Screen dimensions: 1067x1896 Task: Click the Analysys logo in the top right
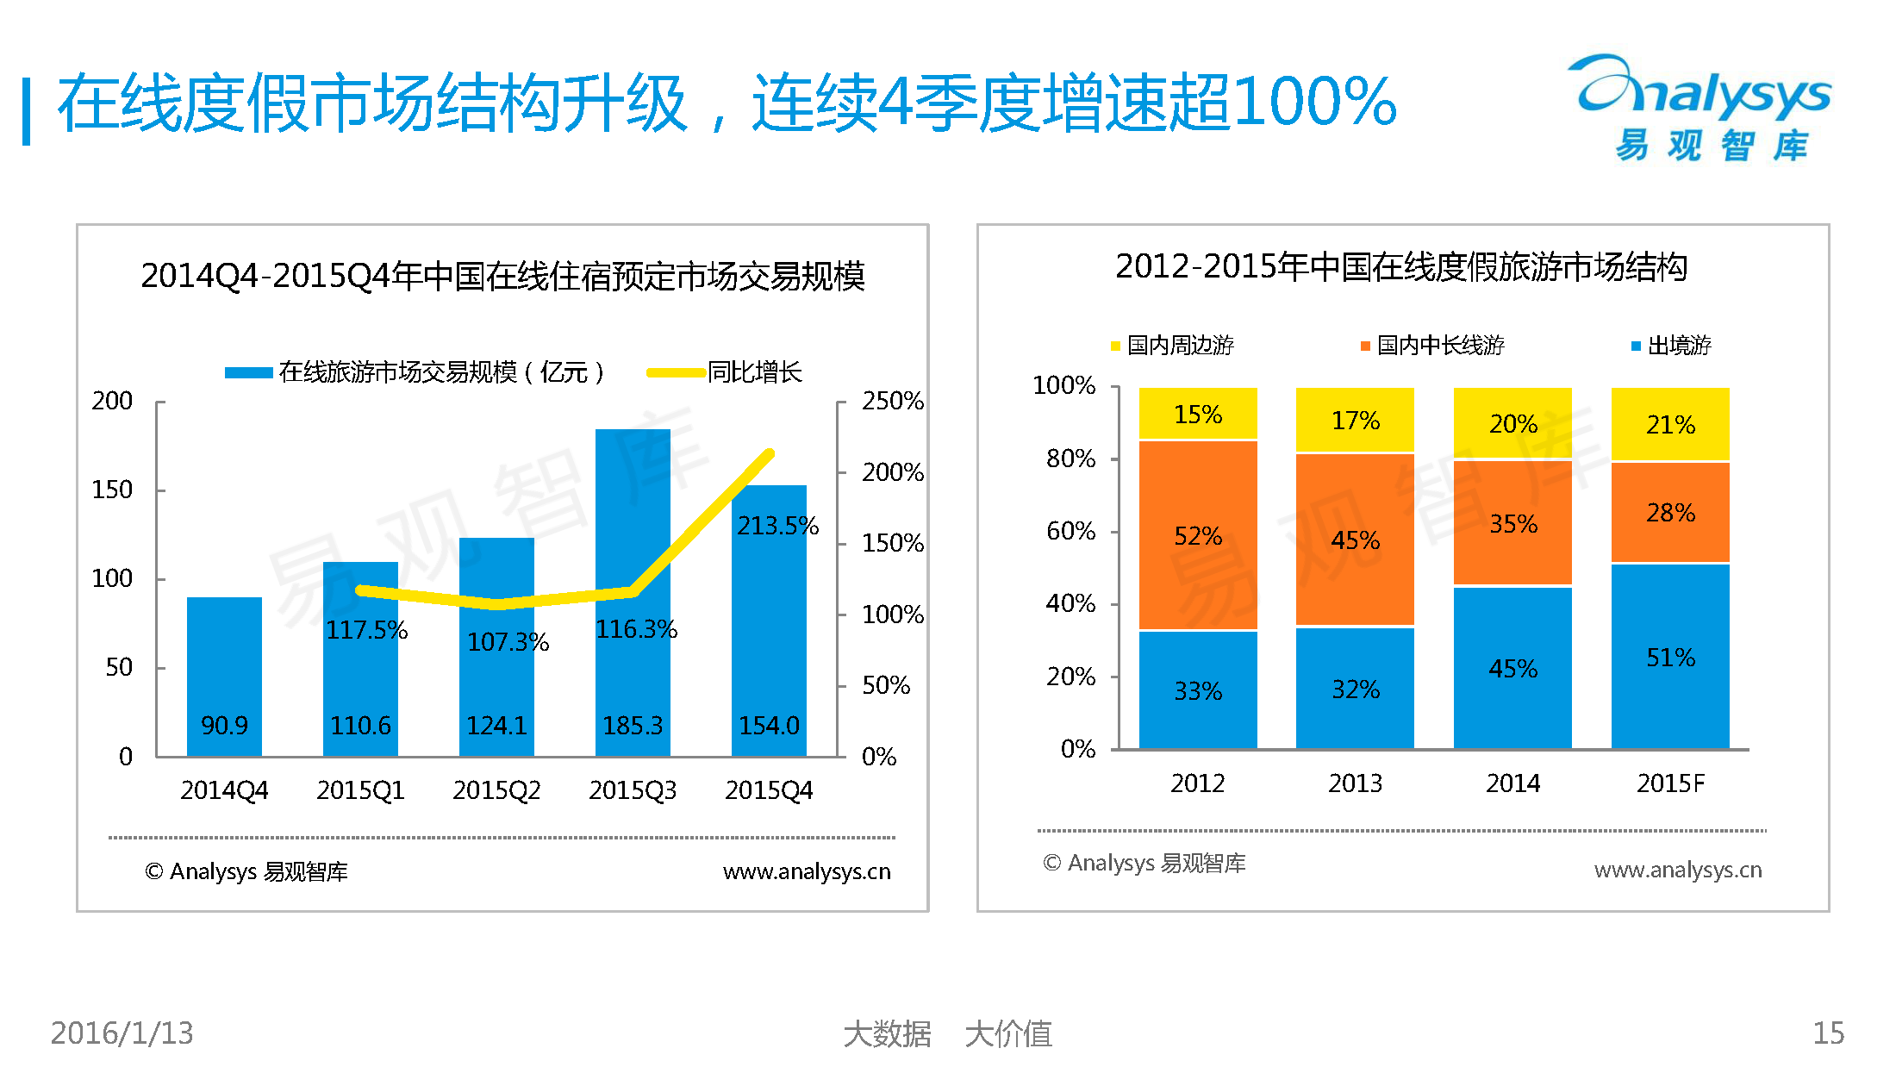pyautogui.click(x=1703, y=108)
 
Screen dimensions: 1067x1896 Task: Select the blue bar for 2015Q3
pyautogui.click(x=633, y=517)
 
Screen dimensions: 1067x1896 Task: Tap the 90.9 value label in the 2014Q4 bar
pyautogui.click(x=224, y=726)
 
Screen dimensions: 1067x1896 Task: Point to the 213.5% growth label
pyautogui.click(x=777, y=526)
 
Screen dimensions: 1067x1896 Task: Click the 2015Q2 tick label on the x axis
pyautogui.click(x=496, y=790)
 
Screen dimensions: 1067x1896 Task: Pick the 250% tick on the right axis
pyautogui.click(x=892, y=401)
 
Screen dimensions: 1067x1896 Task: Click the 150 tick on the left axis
pyautogui.click(x=112, y=490)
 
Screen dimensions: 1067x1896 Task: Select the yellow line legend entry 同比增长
pyautogui.click(x=726, y=372)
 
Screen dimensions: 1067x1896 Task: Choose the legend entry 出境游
pyautogui.click(x=1672, y=346)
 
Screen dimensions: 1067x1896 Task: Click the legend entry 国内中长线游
pyautogui.click(x=1432, y=346)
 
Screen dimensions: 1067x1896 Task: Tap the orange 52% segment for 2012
pyautogui.click(x=1198, y=535)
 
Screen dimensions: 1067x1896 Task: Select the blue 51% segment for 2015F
pyautogui.click(x=1670, y=657)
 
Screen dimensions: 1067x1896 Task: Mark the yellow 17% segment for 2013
pyautogui.click(x=1355, y=421)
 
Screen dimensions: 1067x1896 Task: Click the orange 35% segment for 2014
pyautogui.click(x=1512, y=523)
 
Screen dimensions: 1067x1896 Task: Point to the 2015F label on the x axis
pyautogui.click(x=1670, y=783)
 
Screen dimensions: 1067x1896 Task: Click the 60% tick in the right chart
pyautogui.click(x=1070, y=531)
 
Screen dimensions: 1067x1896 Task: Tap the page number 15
pyautogui.click(x=1828, y=1033)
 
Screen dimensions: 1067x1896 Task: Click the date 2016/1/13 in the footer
pyautogui.click(x=122, y=1033)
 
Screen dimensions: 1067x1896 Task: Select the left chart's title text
pyautogui.click(x=502, y=276)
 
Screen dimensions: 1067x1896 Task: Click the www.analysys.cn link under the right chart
pyautogui.click(x=1677, y=870)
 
